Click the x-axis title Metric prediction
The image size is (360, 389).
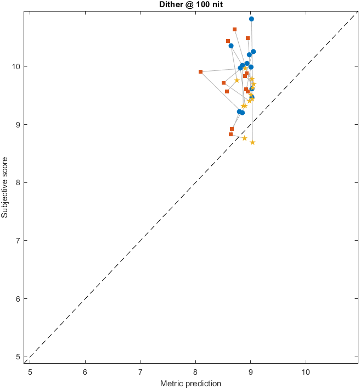coord(190,384)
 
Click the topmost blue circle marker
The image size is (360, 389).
coord(251,19)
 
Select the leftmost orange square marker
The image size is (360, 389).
coord(201,71)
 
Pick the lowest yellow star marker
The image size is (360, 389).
coord(252,142)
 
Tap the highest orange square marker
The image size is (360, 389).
coord(234,29)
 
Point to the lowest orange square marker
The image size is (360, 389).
coord(230,134)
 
